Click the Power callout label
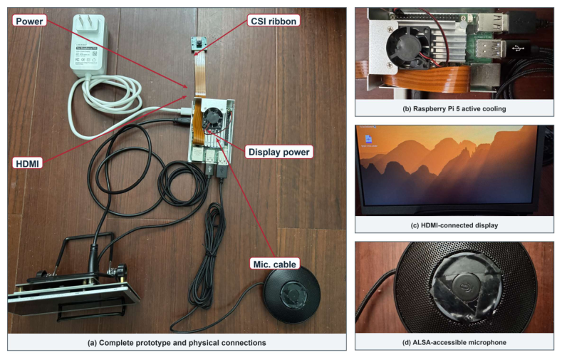(x=29, y=21)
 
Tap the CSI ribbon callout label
(x=274, y=21)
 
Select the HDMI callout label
(x=27, y=163)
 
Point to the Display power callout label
(x=279, y=152)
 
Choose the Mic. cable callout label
(x=274, y=264)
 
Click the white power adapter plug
(x=89, y=45)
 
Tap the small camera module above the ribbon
(x=197, y=44)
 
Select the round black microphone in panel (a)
(x=292, y=294)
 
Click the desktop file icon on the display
(x=368, y=139)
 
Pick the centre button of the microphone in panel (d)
(x=466, y=286)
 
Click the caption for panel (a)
(x=177, y=342)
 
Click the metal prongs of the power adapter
(x=84, y=20)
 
